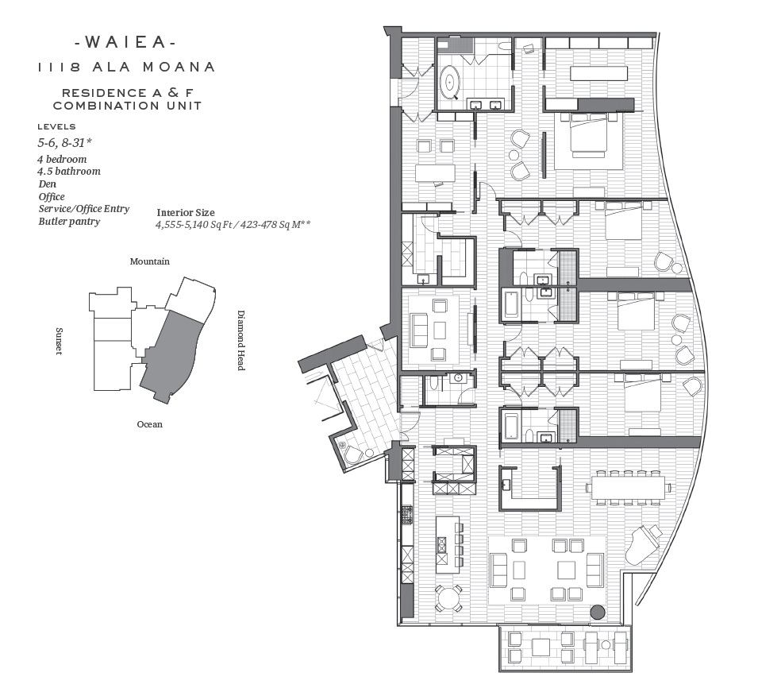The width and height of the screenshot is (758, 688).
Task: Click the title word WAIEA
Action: (x=125, y=42)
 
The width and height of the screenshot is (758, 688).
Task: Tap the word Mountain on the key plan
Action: (x=150, y=261)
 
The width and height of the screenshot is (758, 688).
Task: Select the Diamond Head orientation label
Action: (x=240, y=340)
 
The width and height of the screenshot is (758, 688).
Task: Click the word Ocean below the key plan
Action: (x=150, y=424)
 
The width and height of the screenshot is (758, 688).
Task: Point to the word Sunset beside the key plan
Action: (x=59, y=341)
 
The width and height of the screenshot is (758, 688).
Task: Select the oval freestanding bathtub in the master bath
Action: (x=451, y=83)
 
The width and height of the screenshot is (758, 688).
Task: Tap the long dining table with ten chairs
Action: (x=628, y=487)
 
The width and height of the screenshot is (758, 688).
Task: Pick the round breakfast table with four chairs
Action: (x=449, y=599)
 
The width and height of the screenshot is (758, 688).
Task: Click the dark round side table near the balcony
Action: (x=598, y=612)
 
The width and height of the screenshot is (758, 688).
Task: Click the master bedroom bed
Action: (x=588, y=135)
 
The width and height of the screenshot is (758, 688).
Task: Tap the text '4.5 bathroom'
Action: (x=69, y=172)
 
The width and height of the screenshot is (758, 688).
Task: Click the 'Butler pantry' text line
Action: (x=70, y=222)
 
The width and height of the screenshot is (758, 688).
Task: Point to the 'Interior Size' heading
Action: (x=186, y=212)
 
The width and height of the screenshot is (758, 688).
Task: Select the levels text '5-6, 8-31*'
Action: (x=65, y=143)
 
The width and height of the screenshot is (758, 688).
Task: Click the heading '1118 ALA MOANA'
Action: (x=126, y=67)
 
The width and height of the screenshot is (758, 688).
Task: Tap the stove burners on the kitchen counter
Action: (x=406, y=515)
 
